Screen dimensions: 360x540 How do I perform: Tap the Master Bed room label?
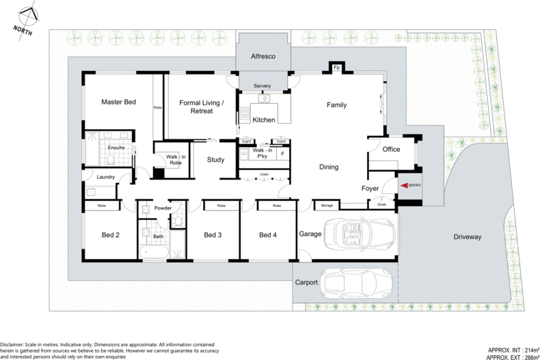point(119,102)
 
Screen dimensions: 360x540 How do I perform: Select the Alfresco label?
point(262,57)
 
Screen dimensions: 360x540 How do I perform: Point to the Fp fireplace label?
point(336,68)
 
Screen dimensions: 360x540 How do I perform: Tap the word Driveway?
point(468,237)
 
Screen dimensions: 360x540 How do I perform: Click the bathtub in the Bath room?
point(153,252)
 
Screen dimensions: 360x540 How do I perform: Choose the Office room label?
point(391,150)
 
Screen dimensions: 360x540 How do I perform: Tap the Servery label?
point(262,85)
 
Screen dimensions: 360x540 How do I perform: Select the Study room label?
point(217,160)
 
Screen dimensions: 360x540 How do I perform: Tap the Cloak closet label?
point(380,204)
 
